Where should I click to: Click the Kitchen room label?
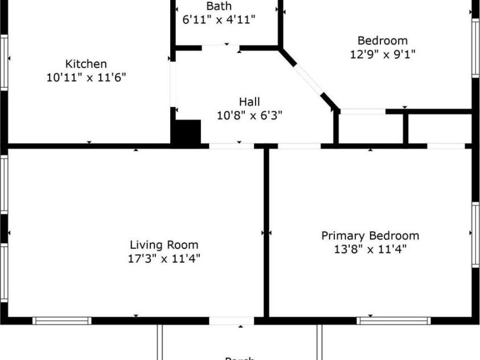tap(86, 64)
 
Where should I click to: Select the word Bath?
tap(219, 6)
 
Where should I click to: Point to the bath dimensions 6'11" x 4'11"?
tap(219, 19)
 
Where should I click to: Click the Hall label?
tap(249, 102)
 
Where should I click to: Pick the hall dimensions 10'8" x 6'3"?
tap(249, 115)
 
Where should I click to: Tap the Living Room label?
tap(164, 245)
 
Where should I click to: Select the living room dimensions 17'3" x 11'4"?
tap(164, 259)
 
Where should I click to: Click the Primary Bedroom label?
tap(370, 235)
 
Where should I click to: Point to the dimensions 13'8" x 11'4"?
tap(370, 249)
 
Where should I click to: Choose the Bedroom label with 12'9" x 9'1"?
tap(382, 40)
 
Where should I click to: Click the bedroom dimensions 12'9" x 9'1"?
tap(382, 55)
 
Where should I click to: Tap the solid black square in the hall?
tap(187, 132)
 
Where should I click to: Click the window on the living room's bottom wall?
tap(61, 321)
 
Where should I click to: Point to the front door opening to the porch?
tap(232, 321)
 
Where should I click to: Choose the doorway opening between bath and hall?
tap(221, 47)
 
